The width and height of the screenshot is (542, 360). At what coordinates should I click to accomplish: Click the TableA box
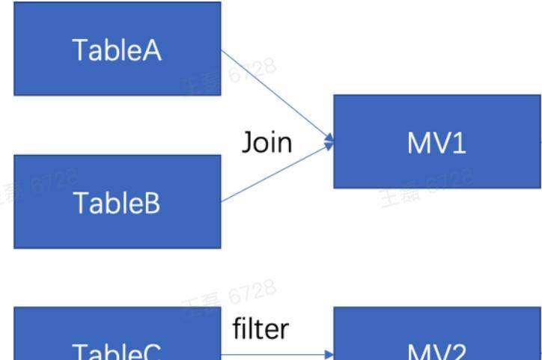[117, 49]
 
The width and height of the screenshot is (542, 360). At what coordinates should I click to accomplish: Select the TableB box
[117, 201]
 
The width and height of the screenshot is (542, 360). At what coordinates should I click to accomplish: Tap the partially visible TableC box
[117, 344]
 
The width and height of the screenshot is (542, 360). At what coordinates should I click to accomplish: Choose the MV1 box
[437, 141]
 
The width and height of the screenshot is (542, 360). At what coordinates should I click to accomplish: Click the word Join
[267, 141]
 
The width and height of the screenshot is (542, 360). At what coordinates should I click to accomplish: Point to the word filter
[261, 328]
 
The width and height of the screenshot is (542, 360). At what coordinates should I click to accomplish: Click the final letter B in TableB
[151, 202]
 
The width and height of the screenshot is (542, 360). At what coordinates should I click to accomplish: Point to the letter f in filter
[237, 327]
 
